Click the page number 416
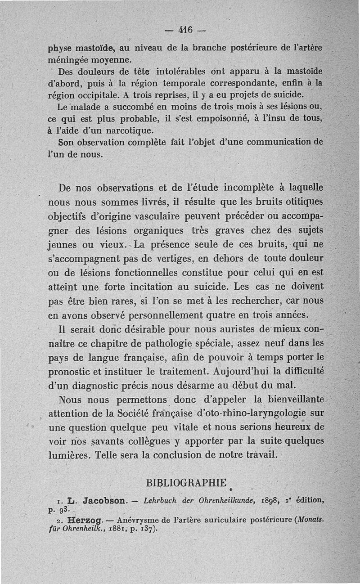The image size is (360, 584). [x=185, y=33]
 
